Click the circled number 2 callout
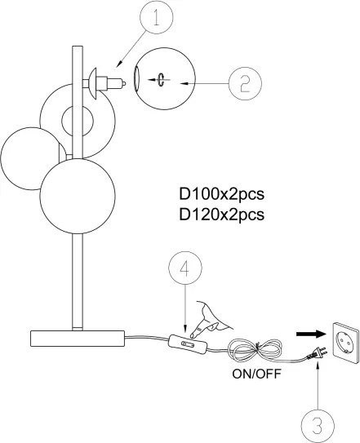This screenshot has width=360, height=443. [x=244, y=82]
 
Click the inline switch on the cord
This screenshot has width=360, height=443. [x=187, y=346]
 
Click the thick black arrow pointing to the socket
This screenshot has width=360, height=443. [x=304, y=333]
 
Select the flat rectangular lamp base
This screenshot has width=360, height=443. [x=76, y=336]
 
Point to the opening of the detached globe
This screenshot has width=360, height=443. [x=137, y=80]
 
